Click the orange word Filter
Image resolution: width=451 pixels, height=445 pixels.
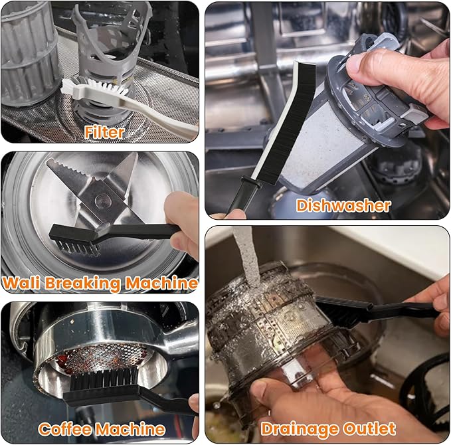pyautogui.click(x=104, y=132)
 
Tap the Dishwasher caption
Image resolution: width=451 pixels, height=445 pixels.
pyautogui.click(x=343, y=206)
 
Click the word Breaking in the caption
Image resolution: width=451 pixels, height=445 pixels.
pyautogui.click(x=82, y=284)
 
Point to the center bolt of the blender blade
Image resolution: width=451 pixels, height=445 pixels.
pyautogui.click(x=102, y=199)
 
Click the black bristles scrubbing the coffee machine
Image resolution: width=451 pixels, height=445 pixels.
pyautogui.click(x=104, y=379)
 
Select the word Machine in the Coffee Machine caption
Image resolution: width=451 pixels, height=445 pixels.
pyautogui.click(x=130, y=430)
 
